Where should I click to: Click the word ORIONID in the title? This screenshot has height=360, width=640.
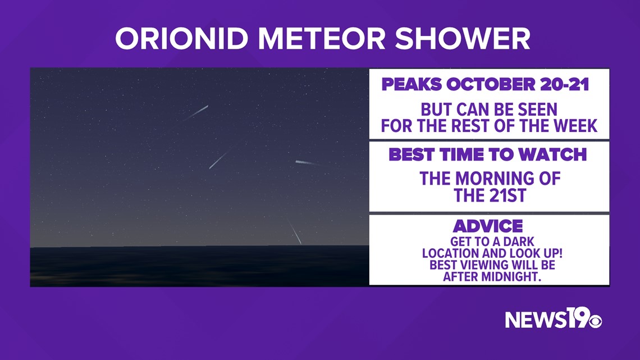point(182,39)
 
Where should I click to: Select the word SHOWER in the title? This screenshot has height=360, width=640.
point(463,39)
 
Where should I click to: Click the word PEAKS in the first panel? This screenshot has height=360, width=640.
point(412,84)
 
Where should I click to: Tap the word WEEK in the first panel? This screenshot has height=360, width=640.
point(575,126)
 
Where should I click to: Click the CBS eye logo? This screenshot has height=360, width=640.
point(595,321)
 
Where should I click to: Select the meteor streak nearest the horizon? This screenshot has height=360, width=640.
point(294,231)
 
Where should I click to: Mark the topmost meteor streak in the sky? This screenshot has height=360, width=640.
point(196,113)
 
